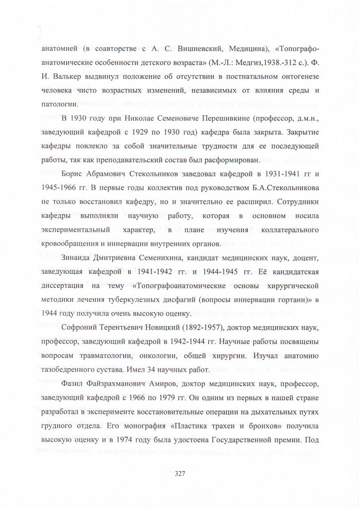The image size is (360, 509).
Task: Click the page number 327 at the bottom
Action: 180,473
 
